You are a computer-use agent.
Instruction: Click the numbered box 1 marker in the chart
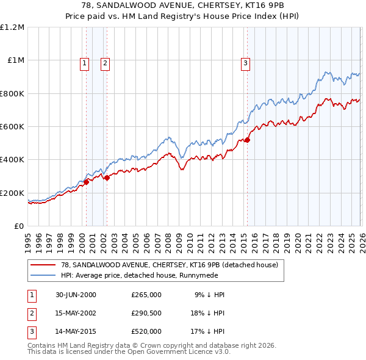[x=84, y=62]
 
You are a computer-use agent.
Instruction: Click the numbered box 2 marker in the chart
[x=105, y=62]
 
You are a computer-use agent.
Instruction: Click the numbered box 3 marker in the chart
[x=245, y=62]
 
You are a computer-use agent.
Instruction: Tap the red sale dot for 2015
[x=247, y=140]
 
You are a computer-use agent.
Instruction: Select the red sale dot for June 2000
[x=86, y=181]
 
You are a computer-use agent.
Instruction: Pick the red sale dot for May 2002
[x=107, y=178]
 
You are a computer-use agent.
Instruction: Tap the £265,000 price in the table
[x=146, y=295]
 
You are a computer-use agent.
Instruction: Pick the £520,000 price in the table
[x=146, y=331]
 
